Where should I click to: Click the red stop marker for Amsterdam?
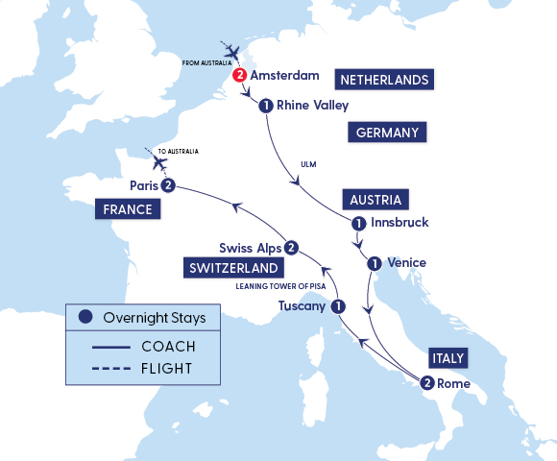point(240,76)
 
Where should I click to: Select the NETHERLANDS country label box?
point(384,79)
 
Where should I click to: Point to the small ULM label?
point(308,164)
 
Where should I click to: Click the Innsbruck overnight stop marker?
point(358,224)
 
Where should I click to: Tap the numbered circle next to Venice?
point(374,262)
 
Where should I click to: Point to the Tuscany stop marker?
point(338,306)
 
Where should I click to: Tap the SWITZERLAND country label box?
point(234,268)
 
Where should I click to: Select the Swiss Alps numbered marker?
point(290,247)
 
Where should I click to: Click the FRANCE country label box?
point(128,208)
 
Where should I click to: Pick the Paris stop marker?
point(168,185)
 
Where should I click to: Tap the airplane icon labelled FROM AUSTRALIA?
point(232,51)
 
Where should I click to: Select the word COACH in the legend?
point(167,346)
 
